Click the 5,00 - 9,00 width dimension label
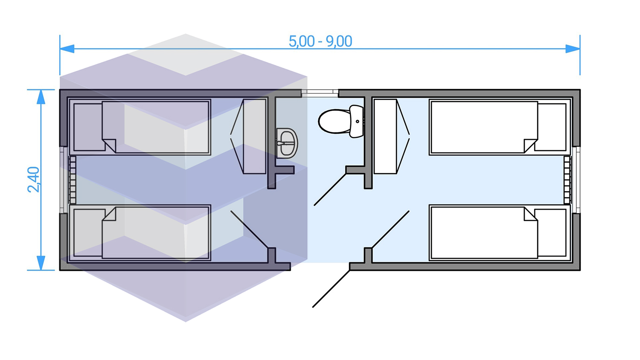[320, 41]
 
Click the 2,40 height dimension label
[33, 180]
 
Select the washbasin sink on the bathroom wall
[287, 143]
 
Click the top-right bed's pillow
[552, 127]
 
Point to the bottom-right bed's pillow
[552, 233]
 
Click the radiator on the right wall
[567, 180]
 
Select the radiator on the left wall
[73, 180]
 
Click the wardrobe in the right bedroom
[385, 136]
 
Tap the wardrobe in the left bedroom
[255, 136]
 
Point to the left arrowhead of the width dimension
[67, 49]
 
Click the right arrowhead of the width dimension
[573, 49]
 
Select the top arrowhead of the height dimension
[41, 97]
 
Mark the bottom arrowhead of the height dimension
[41, 263]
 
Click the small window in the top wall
[320, 91]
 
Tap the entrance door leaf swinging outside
[332, 288]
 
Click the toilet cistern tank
[357, 122]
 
